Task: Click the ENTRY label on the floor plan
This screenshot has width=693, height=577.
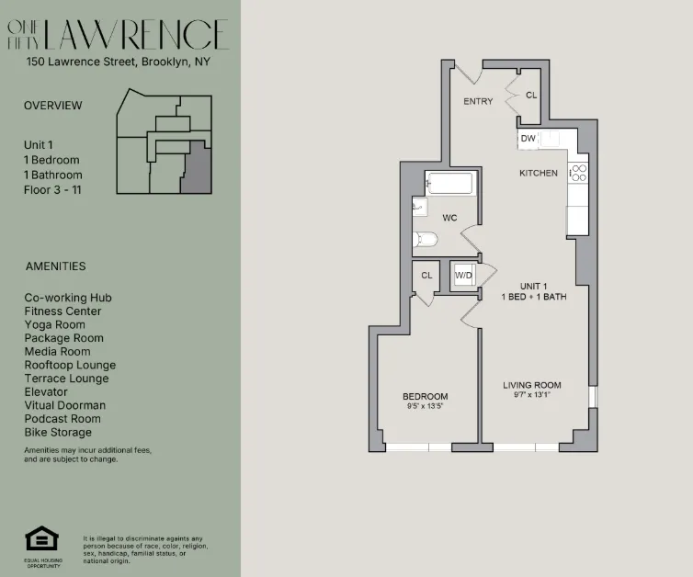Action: [x=478, y=101]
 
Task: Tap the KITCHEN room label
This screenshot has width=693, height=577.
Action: [x=538, y=173]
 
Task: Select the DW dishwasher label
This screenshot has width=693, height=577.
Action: [x=528, y=139]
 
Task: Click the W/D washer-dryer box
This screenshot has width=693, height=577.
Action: [x=464, y=275]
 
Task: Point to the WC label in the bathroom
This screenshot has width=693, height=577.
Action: [x=449, y=218]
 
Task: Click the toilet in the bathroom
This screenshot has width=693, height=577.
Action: [x=425, y=241]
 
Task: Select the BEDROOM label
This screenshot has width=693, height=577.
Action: [x=425, y=397]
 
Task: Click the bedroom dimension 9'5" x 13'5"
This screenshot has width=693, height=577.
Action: [x=425, y=406]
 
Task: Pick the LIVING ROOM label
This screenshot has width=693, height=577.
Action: [x=531, y=385]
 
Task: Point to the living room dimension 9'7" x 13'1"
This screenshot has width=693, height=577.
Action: [x=531, y=395]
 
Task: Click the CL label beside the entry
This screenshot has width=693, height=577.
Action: [x=531, y=95]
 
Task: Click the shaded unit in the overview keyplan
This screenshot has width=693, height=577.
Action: [x=195, y=172]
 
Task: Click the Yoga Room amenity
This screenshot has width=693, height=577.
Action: [x=54, y=324]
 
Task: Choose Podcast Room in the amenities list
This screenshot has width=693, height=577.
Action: [x=62, y=418]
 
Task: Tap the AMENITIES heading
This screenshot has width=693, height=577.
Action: [x=54, y=266]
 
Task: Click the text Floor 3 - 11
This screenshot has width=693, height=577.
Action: [x=51, y=189]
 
